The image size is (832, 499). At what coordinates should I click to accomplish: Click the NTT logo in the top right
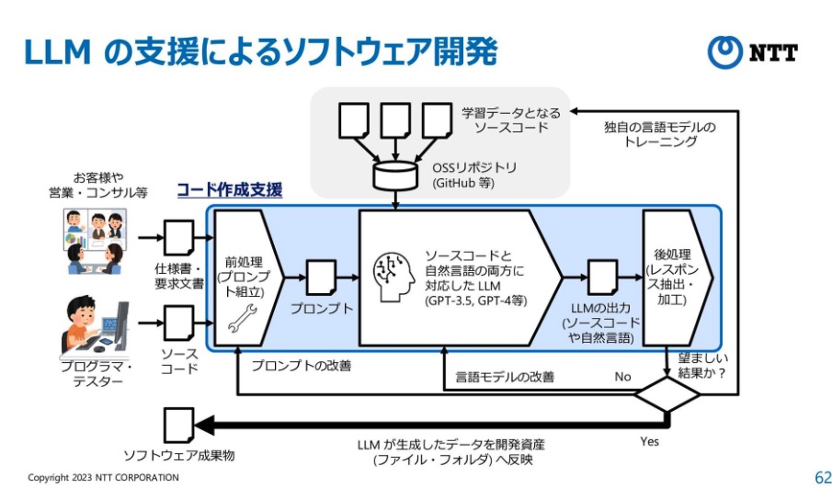pos(752,52)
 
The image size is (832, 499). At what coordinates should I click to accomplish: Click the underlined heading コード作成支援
pos(229,190)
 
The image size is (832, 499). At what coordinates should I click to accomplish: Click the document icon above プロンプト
pos(321,277)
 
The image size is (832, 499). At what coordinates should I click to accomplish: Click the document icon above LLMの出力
pos(601,277)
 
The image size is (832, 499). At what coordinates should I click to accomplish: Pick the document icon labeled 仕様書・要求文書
pos(177,237)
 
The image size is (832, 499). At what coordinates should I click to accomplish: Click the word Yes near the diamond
pos(649,442)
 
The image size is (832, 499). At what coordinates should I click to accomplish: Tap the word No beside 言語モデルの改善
pos(622,377)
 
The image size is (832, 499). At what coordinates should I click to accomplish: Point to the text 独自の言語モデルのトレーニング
pos(658,135)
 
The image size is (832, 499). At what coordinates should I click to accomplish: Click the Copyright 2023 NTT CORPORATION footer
pos(103,478)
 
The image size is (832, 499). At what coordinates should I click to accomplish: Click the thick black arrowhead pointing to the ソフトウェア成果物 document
pos(207,425)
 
